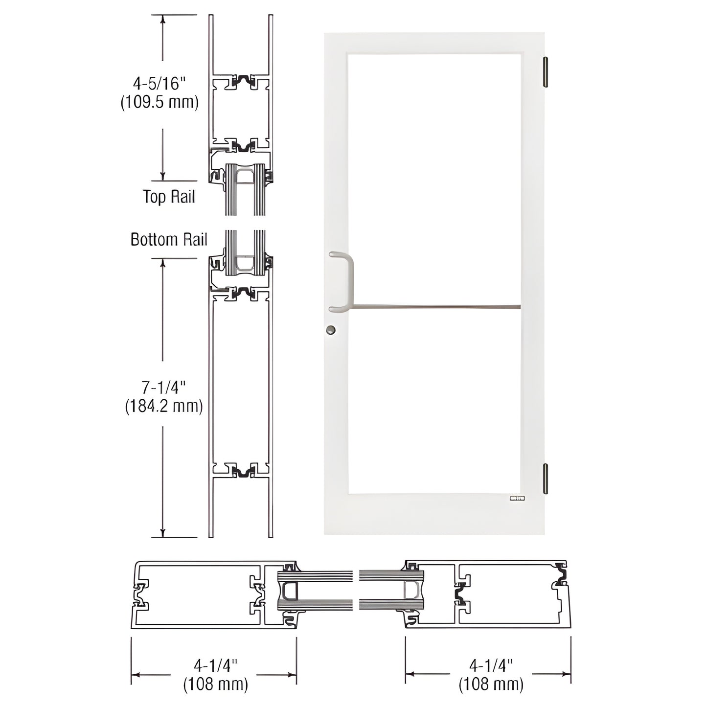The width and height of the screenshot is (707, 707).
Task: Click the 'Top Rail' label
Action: pos(169,197)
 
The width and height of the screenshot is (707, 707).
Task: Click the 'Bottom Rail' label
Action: pos(169,239)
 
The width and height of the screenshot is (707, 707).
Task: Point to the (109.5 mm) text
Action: pos(160,102)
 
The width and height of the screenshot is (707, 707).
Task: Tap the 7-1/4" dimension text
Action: pos(164,388)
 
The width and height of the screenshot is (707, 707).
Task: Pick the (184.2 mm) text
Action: pos(163,406)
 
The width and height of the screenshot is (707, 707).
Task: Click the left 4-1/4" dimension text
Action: pos(215,665)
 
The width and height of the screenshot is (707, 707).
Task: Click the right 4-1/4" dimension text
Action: pos(491,665)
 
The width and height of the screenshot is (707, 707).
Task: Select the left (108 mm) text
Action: pos(215,684)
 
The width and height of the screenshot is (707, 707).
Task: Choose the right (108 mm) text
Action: pos(491,684)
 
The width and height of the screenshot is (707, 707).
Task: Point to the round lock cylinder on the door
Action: pos(332,330)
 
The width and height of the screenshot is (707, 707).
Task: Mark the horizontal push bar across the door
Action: pos(435,308)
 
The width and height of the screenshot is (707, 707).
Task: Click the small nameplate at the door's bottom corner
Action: pos(517,499)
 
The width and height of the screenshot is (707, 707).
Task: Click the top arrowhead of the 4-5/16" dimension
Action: pos(162,19)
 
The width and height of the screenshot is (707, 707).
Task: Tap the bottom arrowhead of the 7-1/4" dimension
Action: pos(162,533)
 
